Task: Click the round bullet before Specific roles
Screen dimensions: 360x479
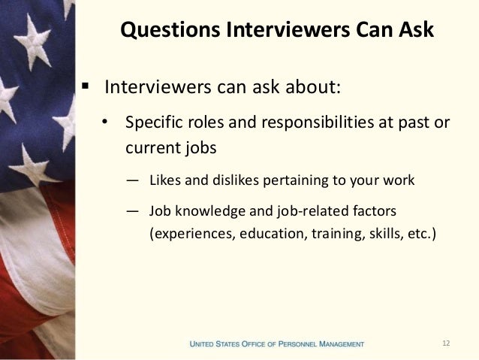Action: [107, 123]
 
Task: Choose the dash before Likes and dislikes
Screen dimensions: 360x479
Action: [132, 180]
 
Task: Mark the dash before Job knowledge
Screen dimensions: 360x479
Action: [132, 210]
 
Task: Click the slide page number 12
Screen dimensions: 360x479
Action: [446, 343]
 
